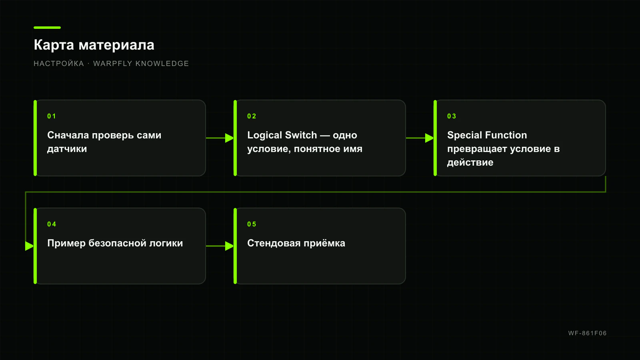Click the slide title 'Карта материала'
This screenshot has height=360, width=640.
click(94, 45)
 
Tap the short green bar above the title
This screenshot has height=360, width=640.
click(47, 28)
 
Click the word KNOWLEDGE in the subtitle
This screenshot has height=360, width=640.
click(162, 64)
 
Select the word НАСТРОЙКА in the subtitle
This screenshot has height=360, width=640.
click(59, 64)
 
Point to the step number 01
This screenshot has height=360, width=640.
click(52, 116)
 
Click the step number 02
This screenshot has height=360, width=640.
click(252, 116)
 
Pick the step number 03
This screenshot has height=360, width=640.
click(452, 116)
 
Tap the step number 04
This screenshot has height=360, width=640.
click(52, 224)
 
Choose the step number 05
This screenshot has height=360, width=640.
click(252, 224)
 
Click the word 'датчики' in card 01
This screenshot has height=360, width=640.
click(67, 149)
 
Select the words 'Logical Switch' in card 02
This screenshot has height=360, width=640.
click(282, 135)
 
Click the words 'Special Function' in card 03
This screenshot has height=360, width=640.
click(487, 135)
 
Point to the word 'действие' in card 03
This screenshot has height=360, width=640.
click(470, 162)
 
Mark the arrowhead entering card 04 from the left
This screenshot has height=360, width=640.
click(30, 246)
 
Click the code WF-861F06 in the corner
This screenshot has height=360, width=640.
click(588, 333)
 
